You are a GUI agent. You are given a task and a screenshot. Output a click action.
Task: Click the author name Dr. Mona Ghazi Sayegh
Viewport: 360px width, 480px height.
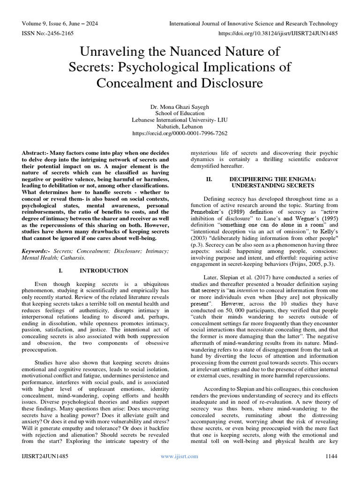point(180,106)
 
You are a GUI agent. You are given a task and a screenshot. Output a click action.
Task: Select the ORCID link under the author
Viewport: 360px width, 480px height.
point(180,133)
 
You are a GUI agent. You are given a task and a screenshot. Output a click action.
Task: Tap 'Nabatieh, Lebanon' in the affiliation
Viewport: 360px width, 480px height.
point(180,127)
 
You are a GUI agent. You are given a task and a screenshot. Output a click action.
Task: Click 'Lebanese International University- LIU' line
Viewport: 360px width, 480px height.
point(180,120)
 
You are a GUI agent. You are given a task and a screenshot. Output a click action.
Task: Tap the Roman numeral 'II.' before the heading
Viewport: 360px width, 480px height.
point(210,179)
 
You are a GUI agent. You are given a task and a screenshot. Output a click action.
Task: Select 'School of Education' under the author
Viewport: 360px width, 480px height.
point(180,113)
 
